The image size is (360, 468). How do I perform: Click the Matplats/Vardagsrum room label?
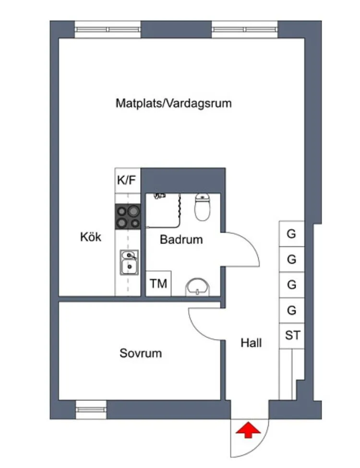point(173,103)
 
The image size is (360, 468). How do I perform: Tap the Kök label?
point(91,236)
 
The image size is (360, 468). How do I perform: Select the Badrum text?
point(181,239)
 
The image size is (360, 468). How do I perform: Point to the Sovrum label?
point(140,353)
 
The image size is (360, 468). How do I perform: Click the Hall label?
point(251,343)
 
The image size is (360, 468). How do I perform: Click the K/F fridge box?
point(128,181)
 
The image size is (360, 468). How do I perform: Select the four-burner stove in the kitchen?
point(128,216)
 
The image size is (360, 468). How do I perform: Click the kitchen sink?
point(128,263)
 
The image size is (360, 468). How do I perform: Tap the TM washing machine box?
point(158,283)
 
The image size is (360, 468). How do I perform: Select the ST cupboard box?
point(292,335)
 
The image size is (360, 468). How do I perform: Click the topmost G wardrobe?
point(291,234)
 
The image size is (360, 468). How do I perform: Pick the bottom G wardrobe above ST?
point(291,310)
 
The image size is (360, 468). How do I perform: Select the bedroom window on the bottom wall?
point(91,409)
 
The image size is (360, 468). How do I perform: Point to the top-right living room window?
point(245,29)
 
